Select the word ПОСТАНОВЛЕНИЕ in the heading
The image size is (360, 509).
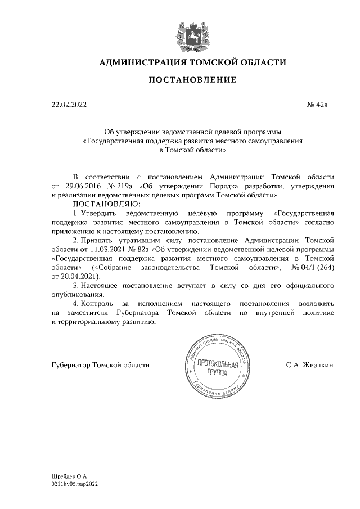point(192,80)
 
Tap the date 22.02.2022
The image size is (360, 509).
point(69,104)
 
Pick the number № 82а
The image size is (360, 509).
point(138,249)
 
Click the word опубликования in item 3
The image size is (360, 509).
point(77,294)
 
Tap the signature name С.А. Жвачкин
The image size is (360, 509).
point(310,365)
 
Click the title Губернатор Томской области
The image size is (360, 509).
point(100,365)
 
